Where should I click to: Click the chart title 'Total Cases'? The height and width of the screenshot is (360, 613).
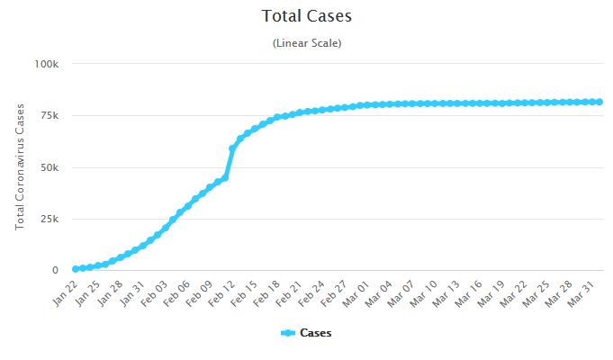306,16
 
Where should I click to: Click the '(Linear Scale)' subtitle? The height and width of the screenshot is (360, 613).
306,42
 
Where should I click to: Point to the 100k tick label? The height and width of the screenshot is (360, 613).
46,64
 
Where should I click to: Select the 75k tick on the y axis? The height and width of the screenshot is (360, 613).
49,115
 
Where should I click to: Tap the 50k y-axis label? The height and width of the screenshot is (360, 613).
49,167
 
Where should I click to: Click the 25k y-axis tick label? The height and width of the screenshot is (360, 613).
49,219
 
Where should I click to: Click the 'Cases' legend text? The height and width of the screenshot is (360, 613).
315,333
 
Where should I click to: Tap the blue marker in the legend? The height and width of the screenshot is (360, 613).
288,333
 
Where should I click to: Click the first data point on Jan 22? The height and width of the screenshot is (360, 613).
76,269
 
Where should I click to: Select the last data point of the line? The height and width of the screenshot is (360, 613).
599,102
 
